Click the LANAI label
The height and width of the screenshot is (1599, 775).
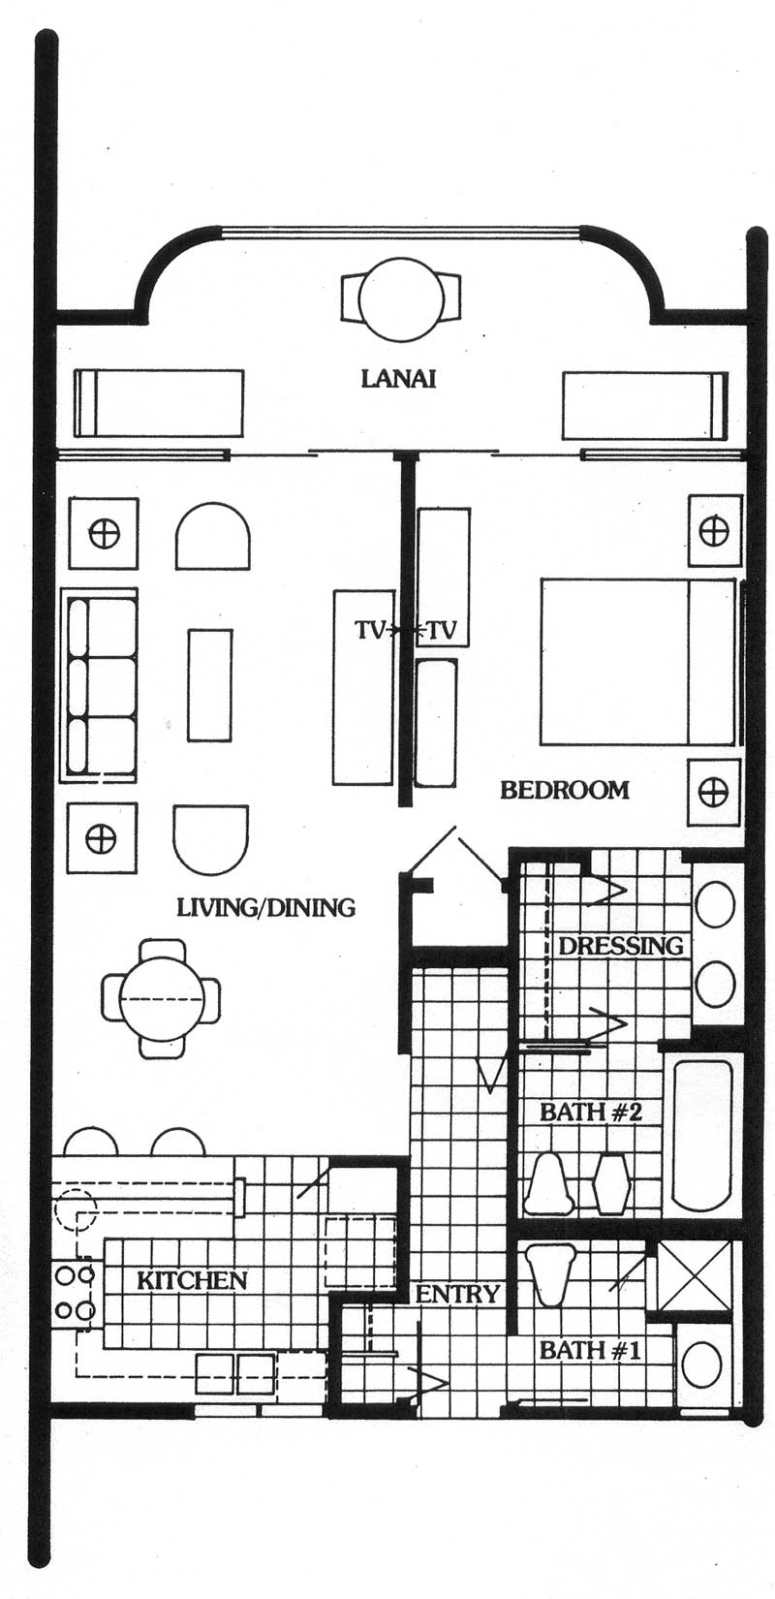point(398,378)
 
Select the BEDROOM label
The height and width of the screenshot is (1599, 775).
point(565,790)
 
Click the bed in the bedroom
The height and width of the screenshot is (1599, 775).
point(638,661)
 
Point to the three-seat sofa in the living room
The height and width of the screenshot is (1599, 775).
point(101,683)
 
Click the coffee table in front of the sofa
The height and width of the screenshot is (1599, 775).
point(210,684)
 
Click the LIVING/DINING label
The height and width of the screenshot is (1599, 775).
point(265,907)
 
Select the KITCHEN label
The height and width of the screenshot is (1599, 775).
point(192,1280)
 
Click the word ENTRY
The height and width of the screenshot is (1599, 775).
point(456,1294)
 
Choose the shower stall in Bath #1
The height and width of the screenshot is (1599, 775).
point(695,1276)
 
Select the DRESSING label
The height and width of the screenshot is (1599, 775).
point(621,947)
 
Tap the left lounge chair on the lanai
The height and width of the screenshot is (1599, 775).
point(159,404)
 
